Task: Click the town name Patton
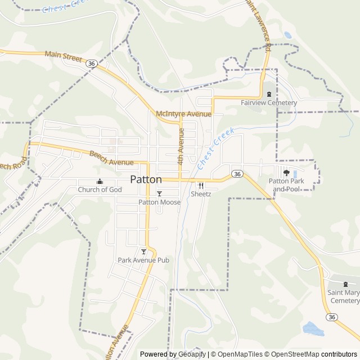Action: point(146,179)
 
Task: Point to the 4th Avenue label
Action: point(181,146)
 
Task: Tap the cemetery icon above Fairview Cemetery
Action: point(269,94)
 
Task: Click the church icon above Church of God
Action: point(100,181)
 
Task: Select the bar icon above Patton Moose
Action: point(159,193)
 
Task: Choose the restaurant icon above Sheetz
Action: point(201,185)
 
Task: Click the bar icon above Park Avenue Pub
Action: point(143,251)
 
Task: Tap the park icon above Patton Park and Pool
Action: point(286,173)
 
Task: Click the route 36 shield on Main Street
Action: point(91,63)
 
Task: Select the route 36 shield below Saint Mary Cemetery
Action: point(332,317)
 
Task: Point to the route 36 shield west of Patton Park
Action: point(238,174)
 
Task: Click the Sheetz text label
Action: point(201,193)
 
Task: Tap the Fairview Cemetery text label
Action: point(268,103)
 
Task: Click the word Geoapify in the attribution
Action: point(190,354)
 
